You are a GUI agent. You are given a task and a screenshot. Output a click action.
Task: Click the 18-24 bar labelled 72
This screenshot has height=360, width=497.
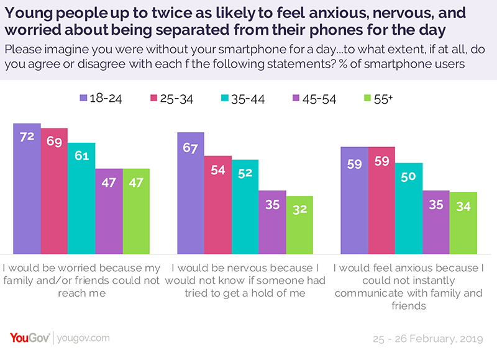[x=27, y=189]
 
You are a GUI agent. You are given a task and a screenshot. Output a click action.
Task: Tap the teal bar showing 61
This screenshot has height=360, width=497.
[x=81, y=199]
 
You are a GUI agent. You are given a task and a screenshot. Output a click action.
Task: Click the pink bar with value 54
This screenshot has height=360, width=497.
[x=217, y=205]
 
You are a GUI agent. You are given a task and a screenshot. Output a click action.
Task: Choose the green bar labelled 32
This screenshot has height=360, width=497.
[x=299, y=226]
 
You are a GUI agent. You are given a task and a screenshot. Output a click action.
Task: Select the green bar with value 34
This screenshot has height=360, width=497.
[x=463, y=224]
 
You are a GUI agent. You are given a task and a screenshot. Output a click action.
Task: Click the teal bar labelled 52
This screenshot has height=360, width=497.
[x=245, y=207]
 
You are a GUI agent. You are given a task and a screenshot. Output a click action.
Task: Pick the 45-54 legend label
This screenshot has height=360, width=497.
[x=319, y=99]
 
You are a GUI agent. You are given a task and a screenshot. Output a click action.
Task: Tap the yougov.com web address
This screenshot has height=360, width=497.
[x=84, y=338]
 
